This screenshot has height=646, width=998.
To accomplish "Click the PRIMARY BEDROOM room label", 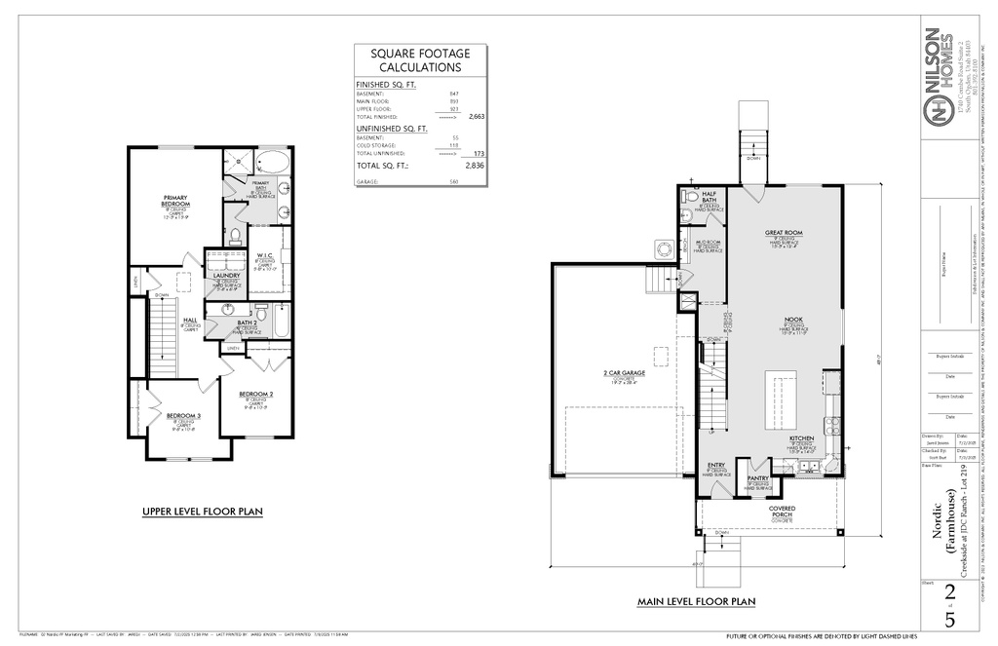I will [175, 201].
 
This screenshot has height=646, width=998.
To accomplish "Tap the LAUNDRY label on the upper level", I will [226, 276].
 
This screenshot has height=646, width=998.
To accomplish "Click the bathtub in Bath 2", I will [282, 321].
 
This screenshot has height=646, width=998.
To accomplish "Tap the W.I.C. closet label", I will [265, 256].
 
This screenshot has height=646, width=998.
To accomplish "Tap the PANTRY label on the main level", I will [757, 478].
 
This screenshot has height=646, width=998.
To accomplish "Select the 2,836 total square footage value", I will [475, 166].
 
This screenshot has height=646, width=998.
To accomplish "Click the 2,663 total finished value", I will [477, 116].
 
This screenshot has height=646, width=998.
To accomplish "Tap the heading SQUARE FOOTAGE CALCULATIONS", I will [420, 60].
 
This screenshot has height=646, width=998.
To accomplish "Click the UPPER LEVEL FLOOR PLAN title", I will [202, 511].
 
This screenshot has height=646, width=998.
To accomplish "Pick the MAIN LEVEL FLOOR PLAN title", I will [696, 602].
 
